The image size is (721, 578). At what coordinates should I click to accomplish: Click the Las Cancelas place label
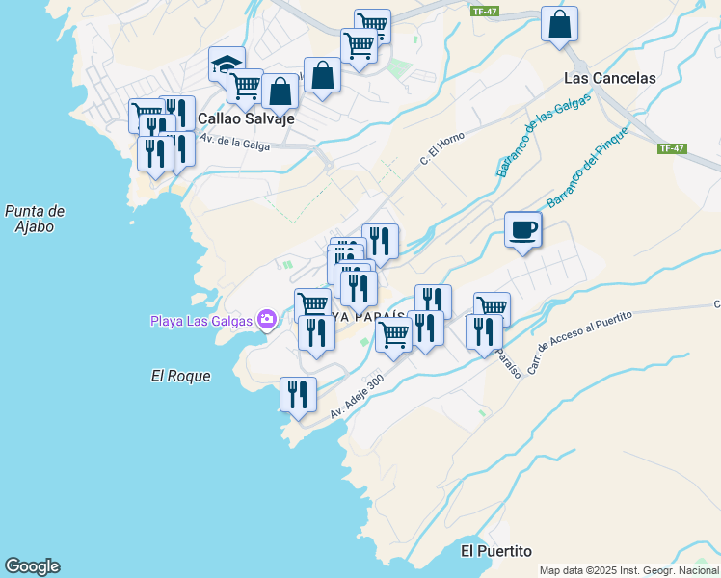[609, 78]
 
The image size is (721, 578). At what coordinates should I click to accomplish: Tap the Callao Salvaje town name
[245, 119]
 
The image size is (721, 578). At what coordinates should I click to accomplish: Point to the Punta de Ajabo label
[34, 219]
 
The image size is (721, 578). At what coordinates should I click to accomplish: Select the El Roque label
[180, 376]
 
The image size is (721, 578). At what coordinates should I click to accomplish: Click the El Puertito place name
[496, 551]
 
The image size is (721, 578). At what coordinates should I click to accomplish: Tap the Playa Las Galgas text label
[200, 321]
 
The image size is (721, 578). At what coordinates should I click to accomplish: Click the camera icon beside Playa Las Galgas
[267, 320]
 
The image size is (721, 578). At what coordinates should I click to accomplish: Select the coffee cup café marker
[522, 230]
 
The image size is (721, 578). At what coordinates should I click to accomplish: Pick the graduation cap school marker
[227, 66]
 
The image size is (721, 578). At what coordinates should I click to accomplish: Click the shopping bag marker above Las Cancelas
[559, 25]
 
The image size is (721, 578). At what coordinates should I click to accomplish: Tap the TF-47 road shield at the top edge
[484, 12]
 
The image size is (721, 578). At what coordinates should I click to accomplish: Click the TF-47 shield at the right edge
[672, 148]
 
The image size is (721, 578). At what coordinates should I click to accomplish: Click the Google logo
[32, 565]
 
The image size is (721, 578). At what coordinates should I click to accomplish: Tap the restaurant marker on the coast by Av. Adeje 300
[298, 395]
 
